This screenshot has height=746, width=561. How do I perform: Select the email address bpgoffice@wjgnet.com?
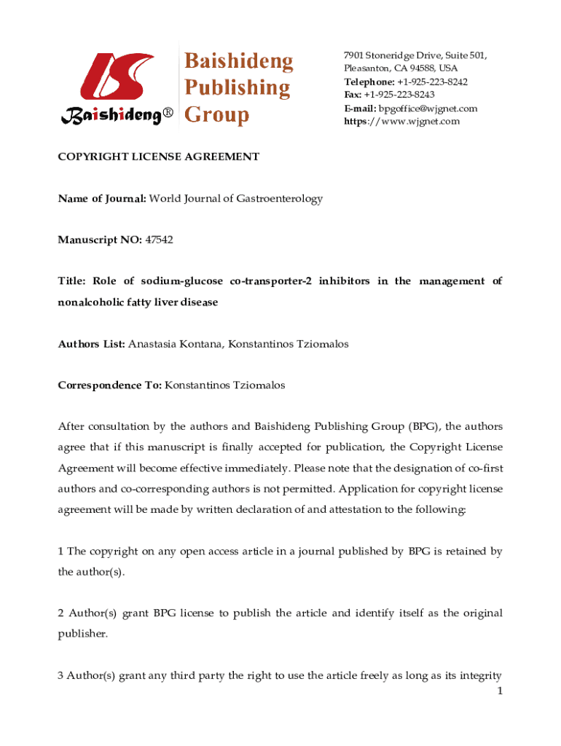pos(428,109)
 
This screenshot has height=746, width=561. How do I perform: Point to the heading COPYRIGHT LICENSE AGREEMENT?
pos(159,156)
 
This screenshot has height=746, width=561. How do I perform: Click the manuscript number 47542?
pos(159,240)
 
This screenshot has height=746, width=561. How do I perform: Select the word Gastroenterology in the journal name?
pos(281,198)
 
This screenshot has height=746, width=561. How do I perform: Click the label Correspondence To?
pos(110,385)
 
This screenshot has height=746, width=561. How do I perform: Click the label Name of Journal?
pos(102,198)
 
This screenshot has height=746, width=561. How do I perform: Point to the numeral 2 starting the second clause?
pos(61,613)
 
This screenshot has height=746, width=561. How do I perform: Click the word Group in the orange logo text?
pos(217,114)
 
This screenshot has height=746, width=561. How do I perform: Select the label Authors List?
pos(92,343)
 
